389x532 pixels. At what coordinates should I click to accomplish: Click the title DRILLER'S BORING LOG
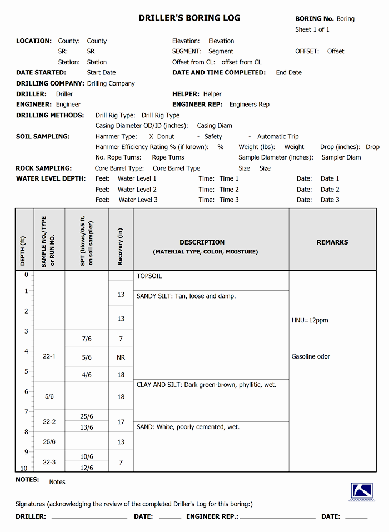pos(189,18)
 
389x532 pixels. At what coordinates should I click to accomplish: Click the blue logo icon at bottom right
pos(362,492)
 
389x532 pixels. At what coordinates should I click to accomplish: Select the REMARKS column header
pos(332,242)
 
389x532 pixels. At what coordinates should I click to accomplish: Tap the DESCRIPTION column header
pos(202,242)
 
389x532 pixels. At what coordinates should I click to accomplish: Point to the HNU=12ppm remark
pos(310,321)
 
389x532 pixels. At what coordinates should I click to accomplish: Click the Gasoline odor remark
pos(311,357)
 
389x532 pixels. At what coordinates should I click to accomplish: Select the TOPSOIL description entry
pos(149,276)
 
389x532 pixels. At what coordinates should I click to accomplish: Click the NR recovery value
pos(121,357)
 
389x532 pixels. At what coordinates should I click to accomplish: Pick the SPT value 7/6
pos(87,339)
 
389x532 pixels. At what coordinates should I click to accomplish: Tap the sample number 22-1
pos(49,356)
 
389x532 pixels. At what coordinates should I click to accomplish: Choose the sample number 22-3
pos(49,463)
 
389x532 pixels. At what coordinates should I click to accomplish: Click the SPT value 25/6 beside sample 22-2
pos(87,417)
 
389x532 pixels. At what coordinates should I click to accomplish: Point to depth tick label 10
pos(24,469)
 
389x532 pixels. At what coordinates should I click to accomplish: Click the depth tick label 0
pos(26,275)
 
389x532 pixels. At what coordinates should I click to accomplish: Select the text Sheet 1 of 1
pos(312,30)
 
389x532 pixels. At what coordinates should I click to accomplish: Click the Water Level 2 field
pos(137,190)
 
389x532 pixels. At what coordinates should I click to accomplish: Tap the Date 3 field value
pos(330,200)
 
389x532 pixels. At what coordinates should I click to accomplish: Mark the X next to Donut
pos(151,137)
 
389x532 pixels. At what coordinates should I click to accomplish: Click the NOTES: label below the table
pos(27,480)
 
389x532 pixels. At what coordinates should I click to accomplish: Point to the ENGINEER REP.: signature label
pos(212,517)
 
